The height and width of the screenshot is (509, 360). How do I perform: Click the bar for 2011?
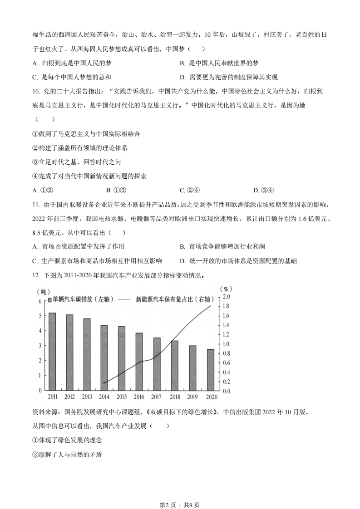click(52, 351)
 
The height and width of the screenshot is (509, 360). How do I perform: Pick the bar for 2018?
click(175, 365)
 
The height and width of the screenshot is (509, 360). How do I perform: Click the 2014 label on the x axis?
click(104, 397)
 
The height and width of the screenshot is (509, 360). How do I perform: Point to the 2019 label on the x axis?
click(193, 397)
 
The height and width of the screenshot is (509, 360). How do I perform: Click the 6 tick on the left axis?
click(40, 301)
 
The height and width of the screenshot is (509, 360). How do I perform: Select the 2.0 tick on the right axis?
click(226, 297)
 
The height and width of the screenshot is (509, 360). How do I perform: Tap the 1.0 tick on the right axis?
click(226, 343)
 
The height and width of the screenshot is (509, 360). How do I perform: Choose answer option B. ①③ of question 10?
click(116, 190)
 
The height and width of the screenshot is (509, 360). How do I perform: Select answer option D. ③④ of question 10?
click(263, 190)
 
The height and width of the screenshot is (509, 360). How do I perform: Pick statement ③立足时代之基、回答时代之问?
click(76, 162)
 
